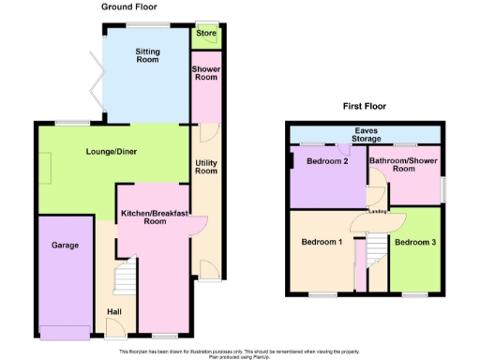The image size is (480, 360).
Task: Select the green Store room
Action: pos(206,35)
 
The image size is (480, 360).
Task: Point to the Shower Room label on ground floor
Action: pos(206,73)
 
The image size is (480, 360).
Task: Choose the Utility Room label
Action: pos(206,167)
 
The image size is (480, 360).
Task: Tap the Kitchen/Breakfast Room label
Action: pos(156,217)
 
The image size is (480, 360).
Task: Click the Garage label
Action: pos(65,246)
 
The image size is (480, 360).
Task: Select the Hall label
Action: pos(114,310)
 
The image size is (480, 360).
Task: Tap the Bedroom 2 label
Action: pos(327,161)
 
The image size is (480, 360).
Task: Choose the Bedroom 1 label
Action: pos(321,242)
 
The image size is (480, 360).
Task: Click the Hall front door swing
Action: pos(115,328)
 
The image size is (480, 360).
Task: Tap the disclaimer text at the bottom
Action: pos(239,353)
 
